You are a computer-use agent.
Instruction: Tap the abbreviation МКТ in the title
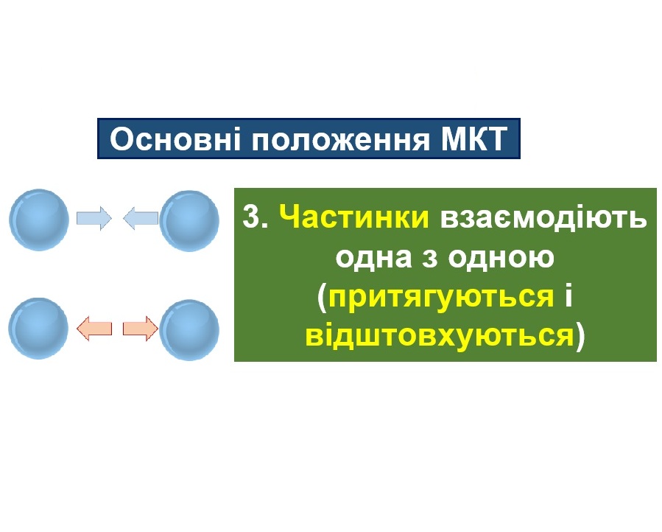pos(474,139)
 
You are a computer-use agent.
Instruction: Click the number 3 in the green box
pos(252,217)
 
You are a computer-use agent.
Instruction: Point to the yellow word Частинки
pos(353,217)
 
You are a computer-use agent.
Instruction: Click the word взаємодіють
pos(543,217)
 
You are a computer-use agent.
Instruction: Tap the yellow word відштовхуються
pos(440,335)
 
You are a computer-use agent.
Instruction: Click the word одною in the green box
pos(501,256)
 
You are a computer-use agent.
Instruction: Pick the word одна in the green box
pos(373,256)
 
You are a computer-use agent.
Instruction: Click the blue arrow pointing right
pos(94,218)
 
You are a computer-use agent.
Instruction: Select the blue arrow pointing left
pos(141,218)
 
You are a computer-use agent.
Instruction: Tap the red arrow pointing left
pos(94,329)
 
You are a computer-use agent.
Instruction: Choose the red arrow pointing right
pos(141,329)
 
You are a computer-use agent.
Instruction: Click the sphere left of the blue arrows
pos(39,220)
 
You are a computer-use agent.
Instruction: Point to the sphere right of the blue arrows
pos(189,220)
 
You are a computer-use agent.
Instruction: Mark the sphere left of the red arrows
pos(39,329)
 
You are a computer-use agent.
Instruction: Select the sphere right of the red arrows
pos(189,330)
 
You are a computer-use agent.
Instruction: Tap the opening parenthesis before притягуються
pos(322,298)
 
